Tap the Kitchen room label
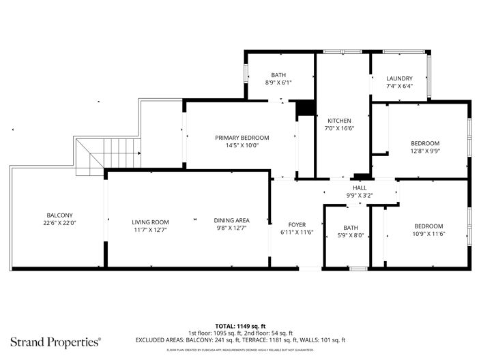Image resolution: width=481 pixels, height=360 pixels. coord(339,120)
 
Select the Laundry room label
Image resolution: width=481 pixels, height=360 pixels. coord(399,78)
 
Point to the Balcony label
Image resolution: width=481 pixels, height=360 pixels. coord(59,215)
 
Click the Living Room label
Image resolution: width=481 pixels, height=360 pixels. coord(150,222)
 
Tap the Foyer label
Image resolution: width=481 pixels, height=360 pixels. coord(297,224)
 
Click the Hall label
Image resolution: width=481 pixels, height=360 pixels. coord(360,188)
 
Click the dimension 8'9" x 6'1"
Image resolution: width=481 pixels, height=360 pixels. coord(278,82)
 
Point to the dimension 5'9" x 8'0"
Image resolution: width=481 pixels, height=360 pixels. coord(350,236)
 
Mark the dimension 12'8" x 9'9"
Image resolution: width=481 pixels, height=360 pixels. coord(425,151)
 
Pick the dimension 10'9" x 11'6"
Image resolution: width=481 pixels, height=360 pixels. coord(428,234)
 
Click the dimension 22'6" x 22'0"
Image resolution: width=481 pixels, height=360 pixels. coord(59,223)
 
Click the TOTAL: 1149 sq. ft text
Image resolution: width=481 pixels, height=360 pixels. coord(240,326)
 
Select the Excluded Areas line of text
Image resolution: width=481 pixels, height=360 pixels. coord(240,340)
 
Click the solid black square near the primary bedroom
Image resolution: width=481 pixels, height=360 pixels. coord(304,109)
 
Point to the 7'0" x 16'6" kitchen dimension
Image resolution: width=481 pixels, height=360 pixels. coord(339,128)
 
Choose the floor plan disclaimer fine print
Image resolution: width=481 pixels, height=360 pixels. coord(240,350)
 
